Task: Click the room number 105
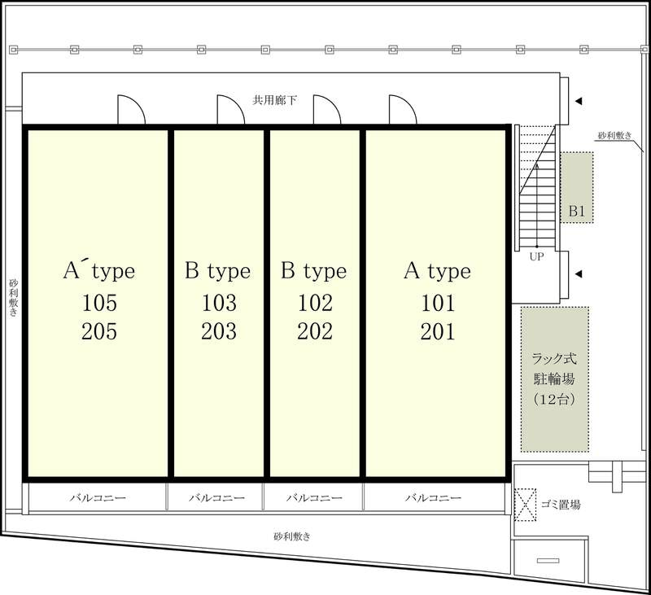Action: (99, 303)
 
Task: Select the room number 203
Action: (219, 331)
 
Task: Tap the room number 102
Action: (315, 303)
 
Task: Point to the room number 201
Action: (438, 331)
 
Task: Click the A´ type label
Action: (99, 271)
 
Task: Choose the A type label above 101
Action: (438, 272)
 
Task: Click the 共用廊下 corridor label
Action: (275, 100)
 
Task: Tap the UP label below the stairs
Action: (536, 256)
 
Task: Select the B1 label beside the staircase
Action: (577, 211)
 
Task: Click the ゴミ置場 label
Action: (561, 505)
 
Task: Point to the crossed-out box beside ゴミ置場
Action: (525, 505)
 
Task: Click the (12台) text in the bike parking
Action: (554, 400)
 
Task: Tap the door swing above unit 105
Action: (132, 110)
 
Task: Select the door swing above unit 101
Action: (403, 110)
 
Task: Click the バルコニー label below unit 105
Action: (98, 497)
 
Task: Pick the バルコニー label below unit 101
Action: (434, 497)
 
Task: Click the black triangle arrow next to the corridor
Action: (578, 101)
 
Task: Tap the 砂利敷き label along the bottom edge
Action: (292, 536)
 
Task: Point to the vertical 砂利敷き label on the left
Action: (13, 298)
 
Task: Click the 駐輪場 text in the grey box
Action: (554, 378)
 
